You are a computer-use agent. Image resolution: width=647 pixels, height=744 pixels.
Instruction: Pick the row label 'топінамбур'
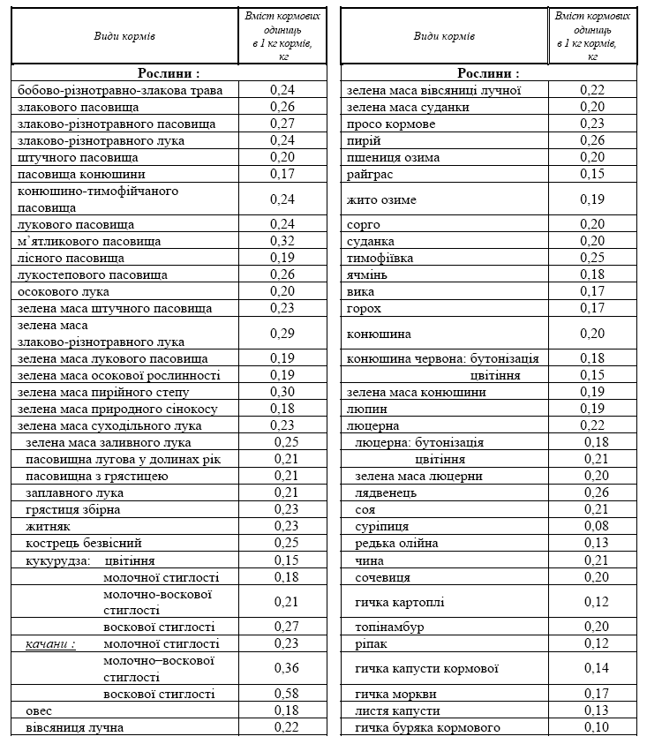point(390,627)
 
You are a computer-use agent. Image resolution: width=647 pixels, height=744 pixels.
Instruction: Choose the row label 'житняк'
point(48,527)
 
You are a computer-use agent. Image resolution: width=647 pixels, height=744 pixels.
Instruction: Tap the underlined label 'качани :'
point(50,644)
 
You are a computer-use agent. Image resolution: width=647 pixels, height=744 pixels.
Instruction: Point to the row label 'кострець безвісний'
point(84,544)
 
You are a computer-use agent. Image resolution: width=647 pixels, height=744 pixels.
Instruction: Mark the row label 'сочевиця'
point(382,577)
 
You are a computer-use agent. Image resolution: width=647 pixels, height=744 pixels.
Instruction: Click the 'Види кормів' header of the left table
point(124,36)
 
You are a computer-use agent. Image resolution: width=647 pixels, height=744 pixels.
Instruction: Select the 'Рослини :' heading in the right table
point(488,73)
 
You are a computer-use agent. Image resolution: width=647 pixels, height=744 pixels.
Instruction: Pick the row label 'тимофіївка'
point(380,259)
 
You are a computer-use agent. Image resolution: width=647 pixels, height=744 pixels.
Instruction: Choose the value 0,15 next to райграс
point(593,175)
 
